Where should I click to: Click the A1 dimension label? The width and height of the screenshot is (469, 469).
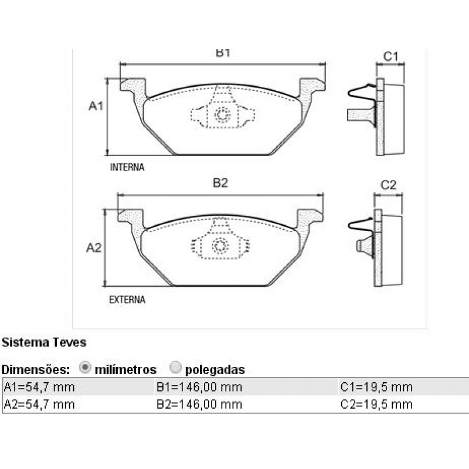96,106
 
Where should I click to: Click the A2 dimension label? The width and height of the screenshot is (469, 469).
94,248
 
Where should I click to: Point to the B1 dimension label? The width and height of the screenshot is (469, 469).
222,53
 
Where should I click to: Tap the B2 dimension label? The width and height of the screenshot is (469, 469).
220,183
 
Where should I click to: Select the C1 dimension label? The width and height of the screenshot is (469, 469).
390,56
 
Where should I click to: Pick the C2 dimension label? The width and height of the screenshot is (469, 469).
389,185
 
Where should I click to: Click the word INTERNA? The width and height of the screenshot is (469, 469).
127,167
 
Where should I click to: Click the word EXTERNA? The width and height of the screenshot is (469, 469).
127,300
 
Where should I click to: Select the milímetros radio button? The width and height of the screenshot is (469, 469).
85,368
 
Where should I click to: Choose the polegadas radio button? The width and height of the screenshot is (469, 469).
175,368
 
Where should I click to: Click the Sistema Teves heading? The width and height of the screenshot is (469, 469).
44,342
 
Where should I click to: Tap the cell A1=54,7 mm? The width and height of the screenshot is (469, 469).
39,387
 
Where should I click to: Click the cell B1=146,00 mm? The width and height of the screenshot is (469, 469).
199,387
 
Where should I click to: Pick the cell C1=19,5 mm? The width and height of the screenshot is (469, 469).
376,387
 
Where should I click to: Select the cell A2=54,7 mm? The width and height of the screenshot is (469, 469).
39,404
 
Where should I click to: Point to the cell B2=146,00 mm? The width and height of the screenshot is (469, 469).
199,404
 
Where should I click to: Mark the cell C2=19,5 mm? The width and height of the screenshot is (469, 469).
376,404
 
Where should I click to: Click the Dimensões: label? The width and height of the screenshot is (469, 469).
36,370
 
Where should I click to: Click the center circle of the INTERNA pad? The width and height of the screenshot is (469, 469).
222,115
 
